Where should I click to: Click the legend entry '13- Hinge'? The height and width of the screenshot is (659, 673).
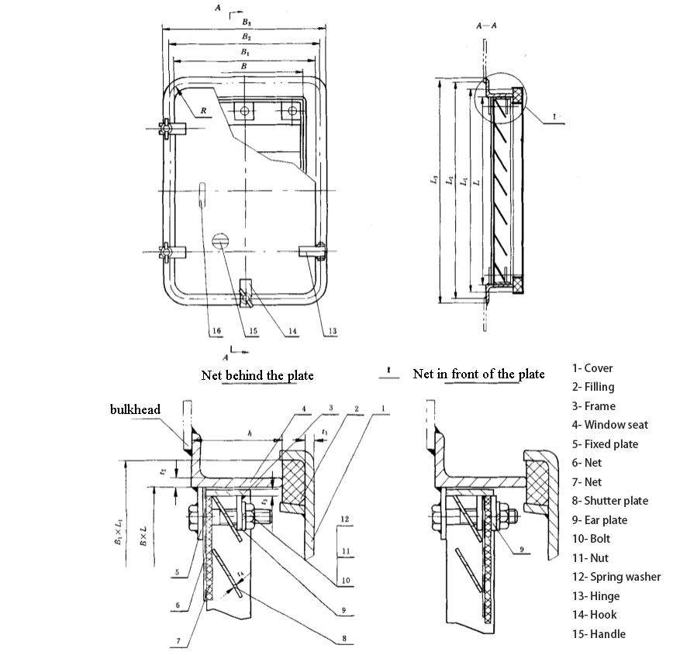click(595, 596)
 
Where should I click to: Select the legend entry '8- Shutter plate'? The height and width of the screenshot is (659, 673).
click(610, 501)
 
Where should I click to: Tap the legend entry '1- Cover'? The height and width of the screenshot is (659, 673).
click(592, 368)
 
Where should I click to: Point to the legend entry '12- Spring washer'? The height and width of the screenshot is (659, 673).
click(616, 577)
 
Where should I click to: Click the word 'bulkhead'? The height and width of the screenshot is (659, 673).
click(135, 409)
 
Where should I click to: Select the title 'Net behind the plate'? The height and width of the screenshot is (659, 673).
click(257, 375)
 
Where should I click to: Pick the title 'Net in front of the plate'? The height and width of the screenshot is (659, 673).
click(478, 374)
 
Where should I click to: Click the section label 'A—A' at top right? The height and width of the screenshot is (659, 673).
click(486, 26)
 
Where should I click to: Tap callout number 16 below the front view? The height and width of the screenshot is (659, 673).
click(216, 330)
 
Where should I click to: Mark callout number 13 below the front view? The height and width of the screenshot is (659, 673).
click(332, 331)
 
